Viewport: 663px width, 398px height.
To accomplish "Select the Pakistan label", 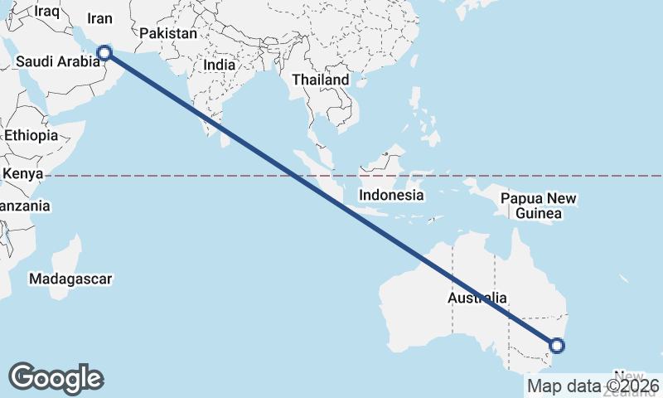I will (x=168, y=34).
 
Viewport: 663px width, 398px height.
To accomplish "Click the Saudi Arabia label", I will (x=57, y=61).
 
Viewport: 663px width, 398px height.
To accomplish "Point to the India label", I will (x=220, y=64).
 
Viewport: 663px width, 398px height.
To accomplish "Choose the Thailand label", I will (x=320, y=80).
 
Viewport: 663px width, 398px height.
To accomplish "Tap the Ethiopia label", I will (x=31, y=135).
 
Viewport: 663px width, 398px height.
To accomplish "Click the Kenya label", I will (x=22, y=174).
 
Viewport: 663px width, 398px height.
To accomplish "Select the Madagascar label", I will (x=70, y=279).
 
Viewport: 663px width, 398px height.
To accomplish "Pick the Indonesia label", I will (x=391, y=196).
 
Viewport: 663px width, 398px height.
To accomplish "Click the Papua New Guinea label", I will (x=538, y=206).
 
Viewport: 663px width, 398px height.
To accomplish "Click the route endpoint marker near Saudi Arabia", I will (x=104, y=53).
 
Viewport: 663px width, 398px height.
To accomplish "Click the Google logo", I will (x=56, y=378).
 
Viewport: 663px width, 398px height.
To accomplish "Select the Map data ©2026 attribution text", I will (x=593, y=386).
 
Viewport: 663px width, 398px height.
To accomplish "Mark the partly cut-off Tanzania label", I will (x=24, y=206).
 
